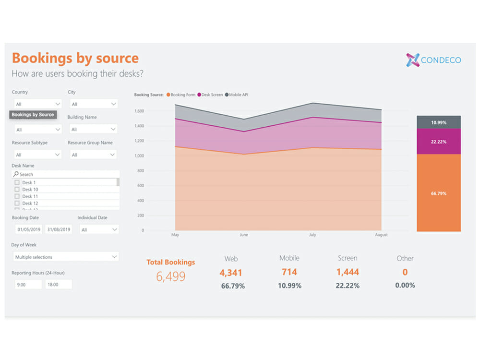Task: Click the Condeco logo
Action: pos(433,60)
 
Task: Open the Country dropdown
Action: pos(37,104)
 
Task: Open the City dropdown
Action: pos(93,104)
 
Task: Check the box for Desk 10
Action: pos(17,190)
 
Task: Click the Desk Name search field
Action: pos(66,174)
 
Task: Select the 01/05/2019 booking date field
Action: pos(29,230)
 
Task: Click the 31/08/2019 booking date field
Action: pos(59,230)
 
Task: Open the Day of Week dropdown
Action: pos(66,257)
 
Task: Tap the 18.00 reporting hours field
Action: pos(59,284)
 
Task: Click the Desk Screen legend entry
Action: pos(212,95)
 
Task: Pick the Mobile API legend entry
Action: pos(237,95)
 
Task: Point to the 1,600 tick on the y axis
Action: pos(139,111)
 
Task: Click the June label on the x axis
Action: pos(244,235)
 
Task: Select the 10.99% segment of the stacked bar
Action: pos(439,122)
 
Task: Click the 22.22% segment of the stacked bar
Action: pos(439,142)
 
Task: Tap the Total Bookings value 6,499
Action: pos(171,276)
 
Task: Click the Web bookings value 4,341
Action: pos(231,273)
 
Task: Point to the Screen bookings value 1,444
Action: pos(348,273)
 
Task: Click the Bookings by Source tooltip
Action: pos(33,115)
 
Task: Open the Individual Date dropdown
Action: pos(98,230)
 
